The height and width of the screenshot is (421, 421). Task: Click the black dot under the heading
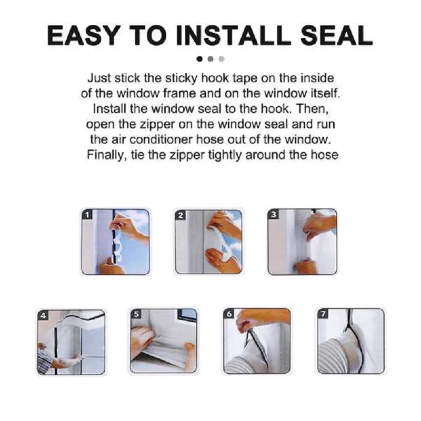click(x=199, y=59)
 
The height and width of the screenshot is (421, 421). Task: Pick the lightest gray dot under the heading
click(x=221, y=59)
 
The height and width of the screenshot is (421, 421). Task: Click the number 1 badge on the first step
click(x=88, y=215)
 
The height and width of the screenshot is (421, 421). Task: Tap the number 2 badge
click(x=181, y=215)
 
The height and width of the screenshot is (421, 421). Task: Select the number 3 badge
click(x=274, y=215)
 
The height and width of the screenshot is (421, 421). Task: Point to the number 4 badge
click(x=43, y=316)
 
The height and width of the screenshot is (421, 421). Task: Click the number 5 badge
click(x=136, y=315)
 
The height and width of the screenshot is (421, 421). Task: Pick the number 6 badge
click(x=229, y=315)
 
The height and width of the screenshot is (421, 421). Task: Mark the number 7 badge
click(x=323, y=315)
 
